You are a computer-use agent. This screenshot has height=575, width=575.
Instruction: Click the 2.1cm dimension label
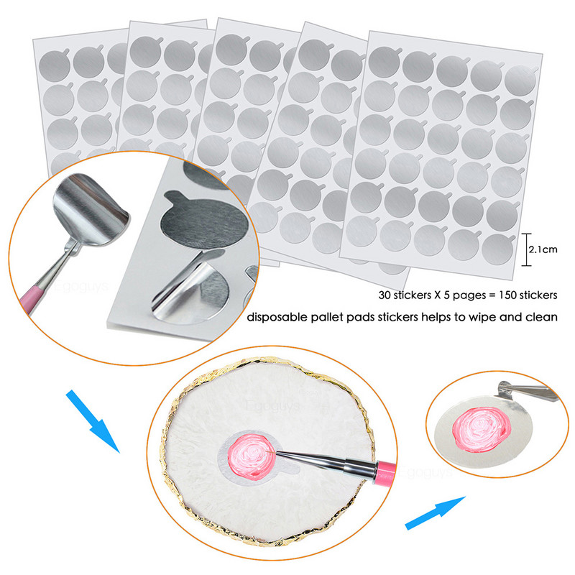click(544, 250)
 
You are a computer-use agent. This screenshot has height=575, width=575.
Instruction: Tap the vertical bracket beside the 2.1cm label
click(525, 250)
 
